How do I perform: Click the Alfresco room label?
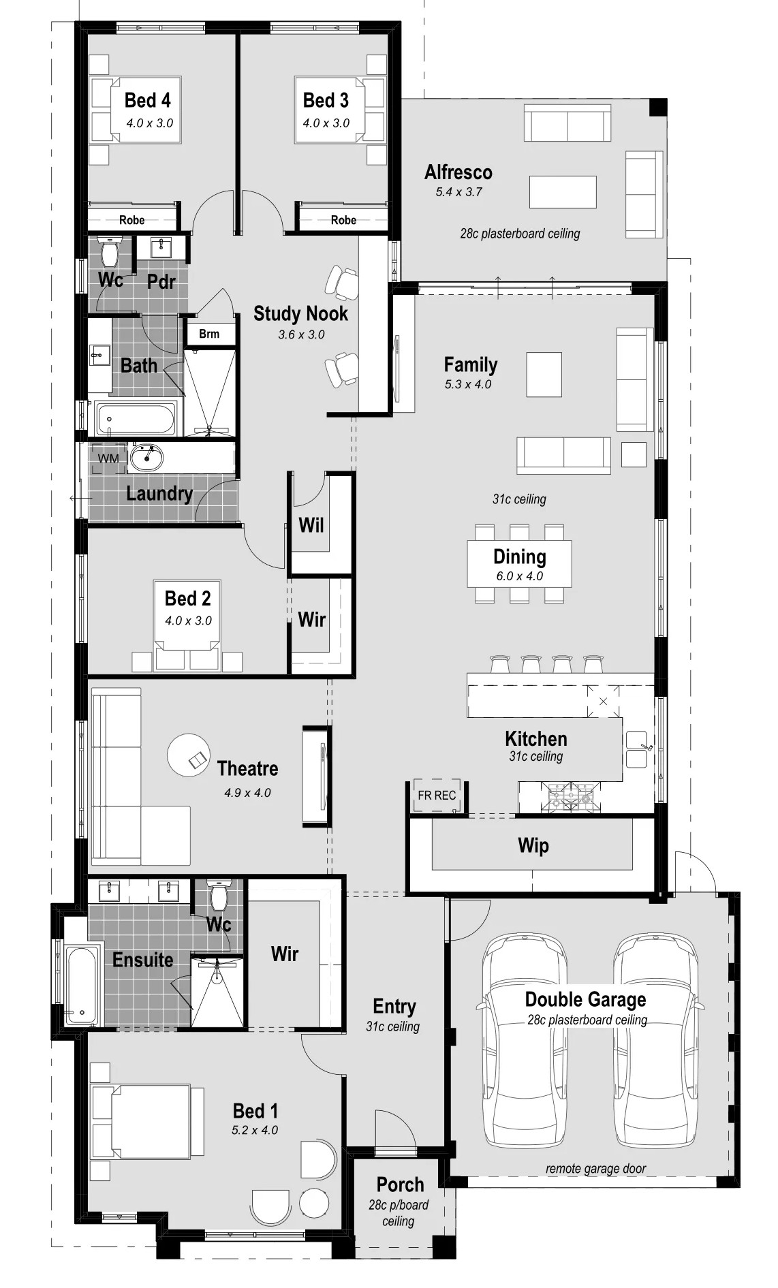click(458, 172)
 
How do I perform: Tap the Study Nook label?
click(300, 313)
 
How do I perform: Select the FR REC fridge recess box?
click(437, 795)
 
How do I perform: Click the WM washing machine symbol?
click(108, 458)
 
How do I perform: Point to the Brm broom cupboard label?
click(209, 334)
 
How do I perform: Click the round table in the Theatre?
click(189, 755)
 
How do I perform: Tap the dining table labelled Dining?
click(519, 564)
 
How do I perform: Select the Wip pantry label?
click(533, 845)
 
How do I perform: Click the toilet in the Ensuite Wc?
click(218, 896)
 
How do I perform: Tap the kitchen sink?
click(637, 749)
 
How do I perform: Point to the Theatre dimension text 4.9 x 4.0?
click(247, 793)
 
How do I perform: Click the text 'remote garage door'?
click(595, 1169)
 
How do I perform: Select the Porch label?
click(400, 1184)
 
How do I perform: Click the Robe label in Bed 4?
click(131, 220)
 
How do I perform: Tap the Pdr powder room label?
click(161, 281)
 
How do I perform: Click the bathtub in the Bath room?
click(136, 418)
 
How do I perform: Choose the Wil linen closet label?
click(311, 525)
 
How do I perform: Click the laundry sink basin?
click(146, 458)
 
